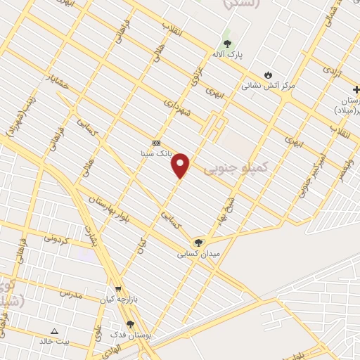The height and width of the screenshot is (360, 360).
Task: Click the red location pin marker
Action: (x=181, y=166)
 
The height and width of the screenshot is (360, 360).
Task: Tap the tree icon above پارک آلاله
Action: (x=226, y=42)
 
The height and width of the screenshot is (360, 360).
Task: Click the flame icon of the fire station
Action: (x=268, y=75)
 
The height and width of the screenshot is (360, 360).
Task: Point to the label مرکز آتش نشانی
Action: (x=269, y=86)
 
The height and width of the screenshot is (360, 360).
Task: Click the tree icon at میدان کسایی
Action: (x=198, y=243)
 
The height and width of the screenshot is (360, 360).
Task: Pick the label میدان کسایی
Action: (x=198, y=254)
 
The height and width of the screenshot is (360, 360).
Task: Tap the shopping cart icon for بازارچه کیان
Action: (x=118, y=289)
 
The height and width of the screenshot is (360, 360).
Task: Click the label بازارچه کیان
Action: (x=117, y=300)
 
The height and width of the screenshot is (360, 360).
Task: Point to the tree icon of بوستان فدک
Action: (x=130, y=324)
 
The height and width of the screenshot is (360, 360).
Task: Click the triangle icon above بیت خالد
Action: (x=55, y=330)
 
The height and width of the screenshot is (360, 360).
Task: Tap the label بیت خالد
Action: (x=54, y=342)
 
